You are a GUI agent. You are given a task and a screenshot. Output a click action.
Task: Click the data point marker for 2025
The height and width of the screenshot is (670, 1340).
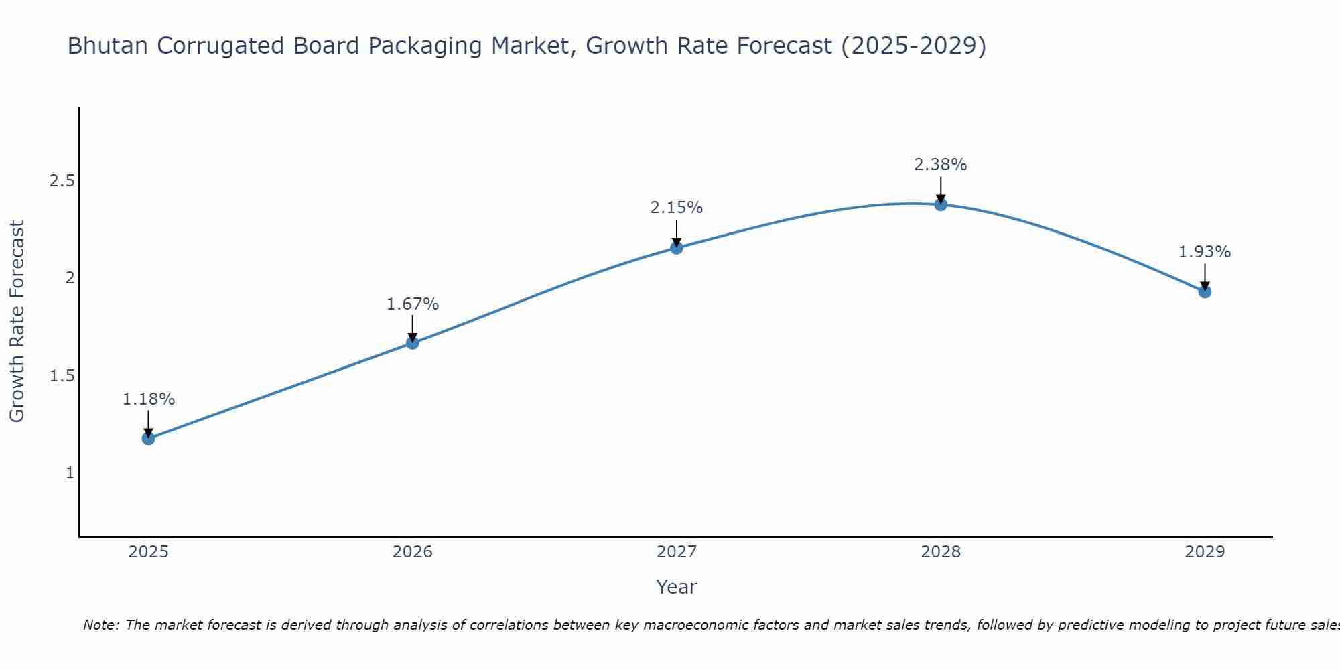click(x=148, y=439)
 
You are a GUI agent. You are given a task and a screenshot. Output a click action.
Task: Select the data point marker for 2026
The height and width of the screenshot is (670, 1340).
click(x=413, y=343)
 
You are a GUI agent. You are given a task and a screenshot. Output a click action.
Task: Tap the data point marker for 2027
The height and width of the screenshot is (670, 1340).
click(x=677, y=248)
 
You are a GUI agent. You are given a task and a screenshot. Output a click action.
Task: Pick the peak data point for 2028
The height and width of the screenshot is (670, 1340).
click(x=941, y=204)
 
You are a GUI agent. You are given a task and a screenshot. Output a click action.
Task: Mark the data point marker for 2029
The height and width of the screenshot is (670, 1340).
click(x=1205, y=291)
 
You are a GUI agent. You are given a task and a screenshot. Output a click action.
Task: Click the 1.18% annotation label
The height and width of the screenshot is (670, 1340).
click(x=148, y=399)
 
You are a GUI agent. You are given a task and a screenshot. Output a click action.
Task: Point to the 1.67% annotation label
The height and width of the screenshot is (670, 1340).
click(x=413, y=304)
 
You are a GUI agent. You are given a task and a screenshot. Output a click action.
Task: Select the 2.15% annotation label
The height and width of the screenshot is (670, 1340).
click(x=677, y=208)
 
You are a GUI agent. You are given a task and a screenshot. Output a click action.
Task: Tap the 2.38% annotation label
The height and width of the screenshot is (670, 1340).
click(x=941, y=165)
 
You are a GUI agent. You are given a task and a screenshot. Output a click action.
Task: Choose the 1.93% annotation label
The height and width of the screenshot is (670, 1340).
click(x=1205, y=252)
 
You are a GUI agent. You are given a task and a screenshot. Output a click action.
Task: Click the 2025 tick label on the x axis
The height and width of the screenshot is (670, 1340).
click(x=148, y=552)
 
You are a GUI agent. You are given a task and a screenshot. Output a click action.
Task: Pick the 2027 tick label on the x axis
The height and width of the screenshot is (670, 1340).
click(x=677, y=552)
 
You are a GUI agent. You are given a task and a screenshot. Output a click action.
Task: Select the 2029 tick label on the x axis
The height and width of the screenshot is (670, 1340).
click(x=1205, y=552)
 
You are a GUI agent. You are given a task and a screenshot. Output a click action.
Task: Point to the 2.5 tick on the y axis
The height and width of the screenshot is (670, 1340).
click(x=62, y=181)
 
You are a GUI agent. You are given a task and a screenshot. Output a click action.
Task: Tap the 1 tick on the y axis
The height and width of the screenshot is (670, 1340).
click(x=70, y=473)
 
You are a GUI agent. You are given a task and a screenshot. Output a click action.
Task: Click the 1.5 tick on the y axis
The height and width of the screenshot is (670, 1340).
click(x=62, y=376)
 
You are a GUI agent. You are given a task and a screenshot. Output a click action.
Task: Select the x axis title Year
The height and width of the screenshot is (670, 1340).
click(x=677, y=587)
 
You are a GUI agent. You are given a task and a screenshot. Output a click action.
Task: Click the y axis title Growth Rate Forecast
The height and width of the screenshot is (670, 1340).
click(x=17, y=322)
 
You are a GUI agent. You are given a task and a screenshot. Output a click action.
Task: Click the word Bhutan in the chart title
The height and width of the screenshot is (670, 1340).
click(x=108, y=46)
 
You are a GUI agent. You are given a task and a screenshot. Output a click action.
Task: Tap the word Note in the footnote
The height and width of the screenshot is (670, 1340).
click(x=100, y=625)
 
